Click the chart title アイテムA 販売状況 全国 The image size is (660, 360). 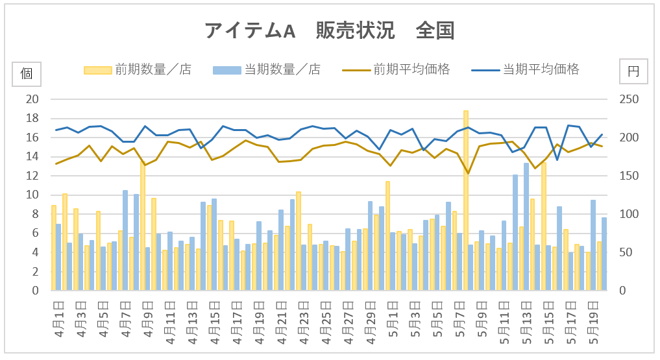point(330,30)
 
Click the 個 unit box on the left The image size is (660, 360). point(27,73)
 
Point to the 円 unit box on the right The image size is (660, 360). point(633,73)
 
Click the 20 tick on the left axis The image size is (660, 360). point(32,99)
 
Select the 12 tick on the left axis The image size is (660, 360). point(32,176)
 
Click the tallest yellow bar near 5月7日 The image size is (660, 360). point(466,201)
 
